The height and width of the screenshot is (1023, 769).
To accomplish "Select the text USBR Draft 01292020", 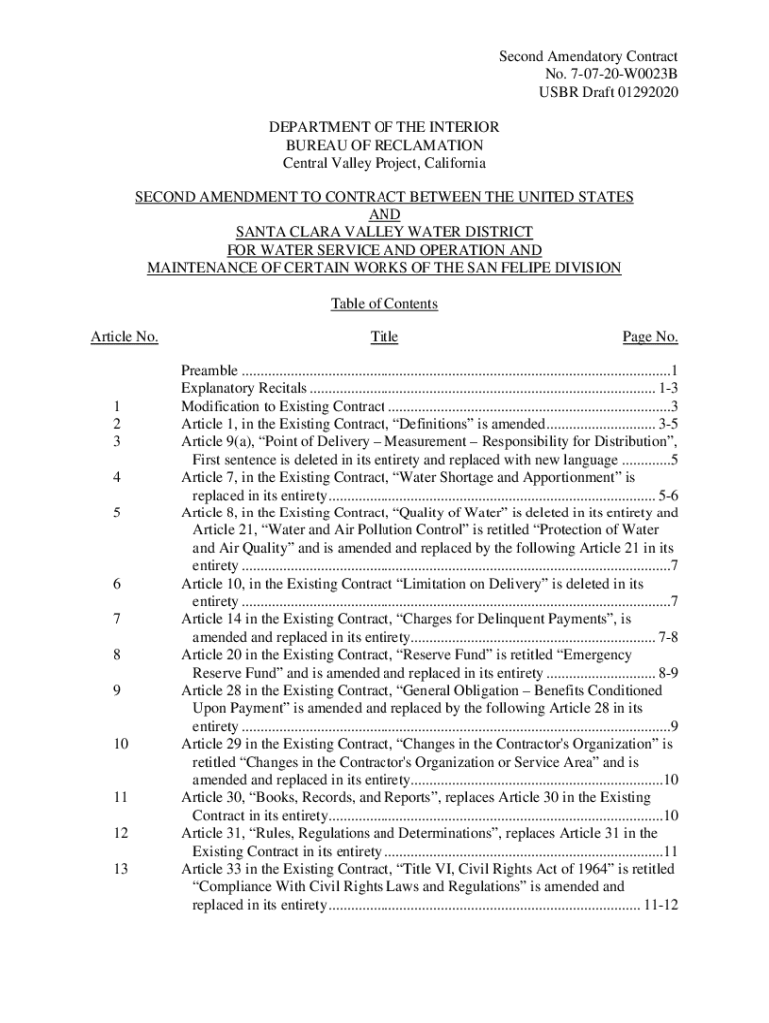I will [609, 93].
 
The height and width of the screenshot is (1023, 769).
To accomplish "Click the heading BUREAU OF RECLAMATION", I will [384, 146].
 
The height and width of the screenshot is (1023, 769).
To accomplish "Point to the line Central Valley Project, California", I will [384, 164].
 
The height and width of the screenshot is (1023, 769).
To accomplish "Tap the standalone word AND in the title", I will [384, 215].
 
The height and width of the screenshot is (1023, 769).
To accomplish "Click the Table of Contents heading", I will [384, 304].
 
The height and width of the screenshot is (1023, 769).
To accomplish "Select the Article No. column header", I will [124, 337].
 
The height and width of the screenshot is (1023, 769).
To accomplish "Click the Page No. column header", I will [650, 337].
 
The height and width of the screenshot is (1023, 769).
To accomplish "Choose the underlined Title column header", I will [384, 337].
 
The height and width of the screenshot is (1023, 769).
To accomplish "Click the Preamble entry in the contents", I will [209, 370].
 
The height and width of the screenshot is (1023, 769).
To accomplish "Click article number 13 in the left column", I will [120, 869].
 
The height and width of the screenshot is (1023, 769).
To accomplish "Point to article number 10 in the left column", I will [120, 744].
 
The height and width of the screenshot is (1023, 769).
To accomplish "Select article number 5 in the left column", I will [118, 512].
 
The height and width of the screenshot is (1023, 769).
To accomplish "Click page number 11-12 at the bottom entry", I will [660, 905].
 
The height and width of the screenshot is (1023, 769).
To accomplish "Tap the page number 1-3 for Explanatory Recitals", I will [668, 388].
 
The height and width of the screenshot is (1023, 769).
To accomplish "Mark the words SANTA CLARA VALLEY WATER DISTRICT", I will [384, 232].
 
